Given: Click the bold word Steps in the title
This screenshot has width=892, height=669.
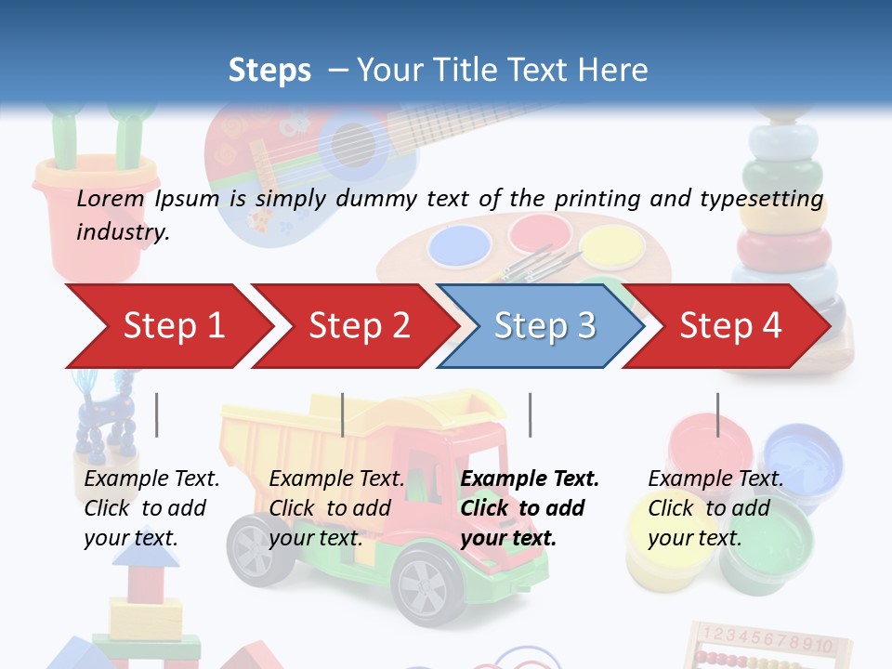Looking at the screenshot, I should (x=269, y=71).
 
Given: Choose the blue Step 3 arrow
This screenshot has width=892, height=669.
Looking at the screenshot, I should (x=543, y=326).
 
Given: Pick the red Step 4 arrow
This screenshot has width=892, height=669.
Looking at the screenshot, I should (x=730, y=326).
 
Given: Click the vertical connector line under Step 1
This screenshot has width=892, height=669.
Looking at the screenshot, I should (x=156, y=414).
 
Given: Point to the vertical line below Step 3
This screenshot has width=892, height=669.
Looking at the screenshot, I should (x=530, y=414).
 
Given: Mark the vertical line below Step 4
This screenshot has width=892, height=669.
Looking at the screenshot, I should (x=717, y=414).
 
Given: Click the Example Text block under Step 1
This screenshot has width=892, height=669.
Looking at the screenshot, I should (x=151, y=508).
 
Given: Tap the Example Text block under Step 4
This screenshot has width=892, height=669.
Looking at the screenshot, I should (x=715, y=508).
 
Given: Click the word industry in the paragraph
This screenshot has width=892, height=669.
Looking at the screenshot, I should (x=122, y=232).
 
